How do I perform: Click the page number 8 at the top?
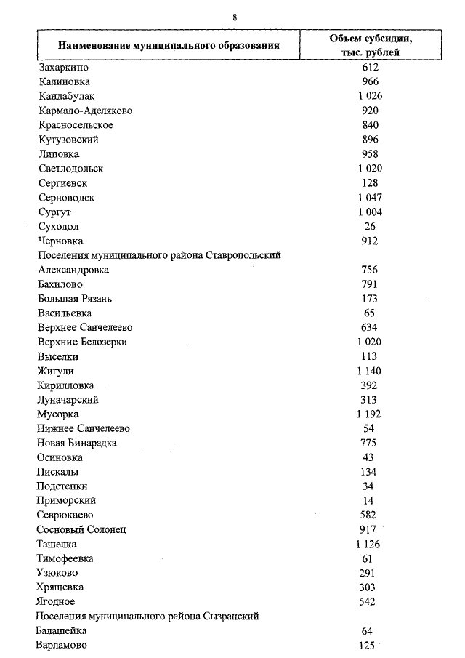pos(235,17)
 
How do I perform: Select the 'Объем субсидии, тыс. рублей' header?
pos(371,45)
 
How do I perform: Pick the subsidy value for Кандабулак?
pos(370,96)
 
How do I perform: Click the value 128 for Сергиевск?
pos(370,182)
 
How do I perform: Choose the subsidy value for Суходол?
pos(370,226)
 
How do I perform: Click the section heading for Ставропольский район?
pos(159,255)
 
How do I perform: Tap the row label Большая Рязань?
pos(75,298)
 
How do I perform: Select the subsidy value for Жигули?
pos(370,371)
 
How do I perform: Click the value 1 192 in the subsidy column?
pos(370,414)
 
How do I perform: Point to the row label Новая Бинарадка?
pos(76,443)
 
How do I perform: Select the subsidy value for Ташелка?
pos(369,544)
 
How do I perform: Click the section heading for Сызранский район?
pos(147,616)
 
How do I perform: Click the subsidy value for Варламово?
pos(367,645)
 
